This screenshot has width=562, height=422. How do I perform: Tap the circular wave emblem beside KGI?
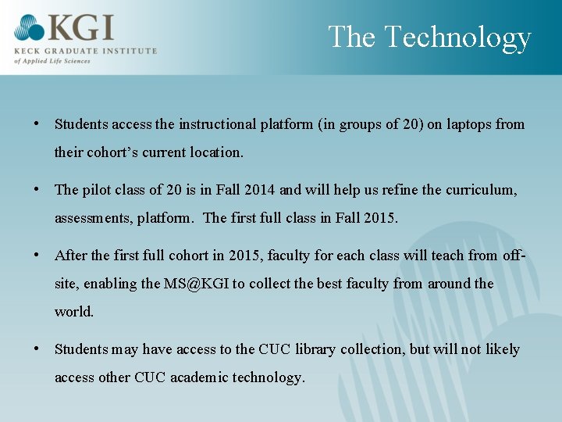(30, 29)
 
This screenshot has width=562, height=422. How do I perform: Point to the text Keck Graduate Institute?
(85, 51)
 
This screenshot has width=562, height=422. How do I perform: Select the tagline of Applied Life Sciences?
(53, 61)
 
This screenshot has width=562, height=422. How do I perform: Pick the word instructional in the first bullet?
(219, 124)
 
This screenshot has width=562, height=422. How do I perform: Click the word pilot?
(99, 190)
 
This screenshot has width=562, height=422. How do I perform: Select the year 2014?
(258, 190)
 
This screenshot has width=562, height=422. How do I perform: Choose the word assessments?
(92, 218)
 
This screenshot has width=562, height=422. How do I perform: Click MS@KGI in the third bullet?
(196, 284)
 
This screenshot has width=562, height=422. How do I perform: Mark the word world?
(74, 312)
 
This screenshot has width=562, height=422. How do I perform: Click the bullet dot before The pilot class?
(37, 190)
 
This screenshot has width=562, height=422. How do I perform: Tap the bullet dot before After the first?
(37, 256)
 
